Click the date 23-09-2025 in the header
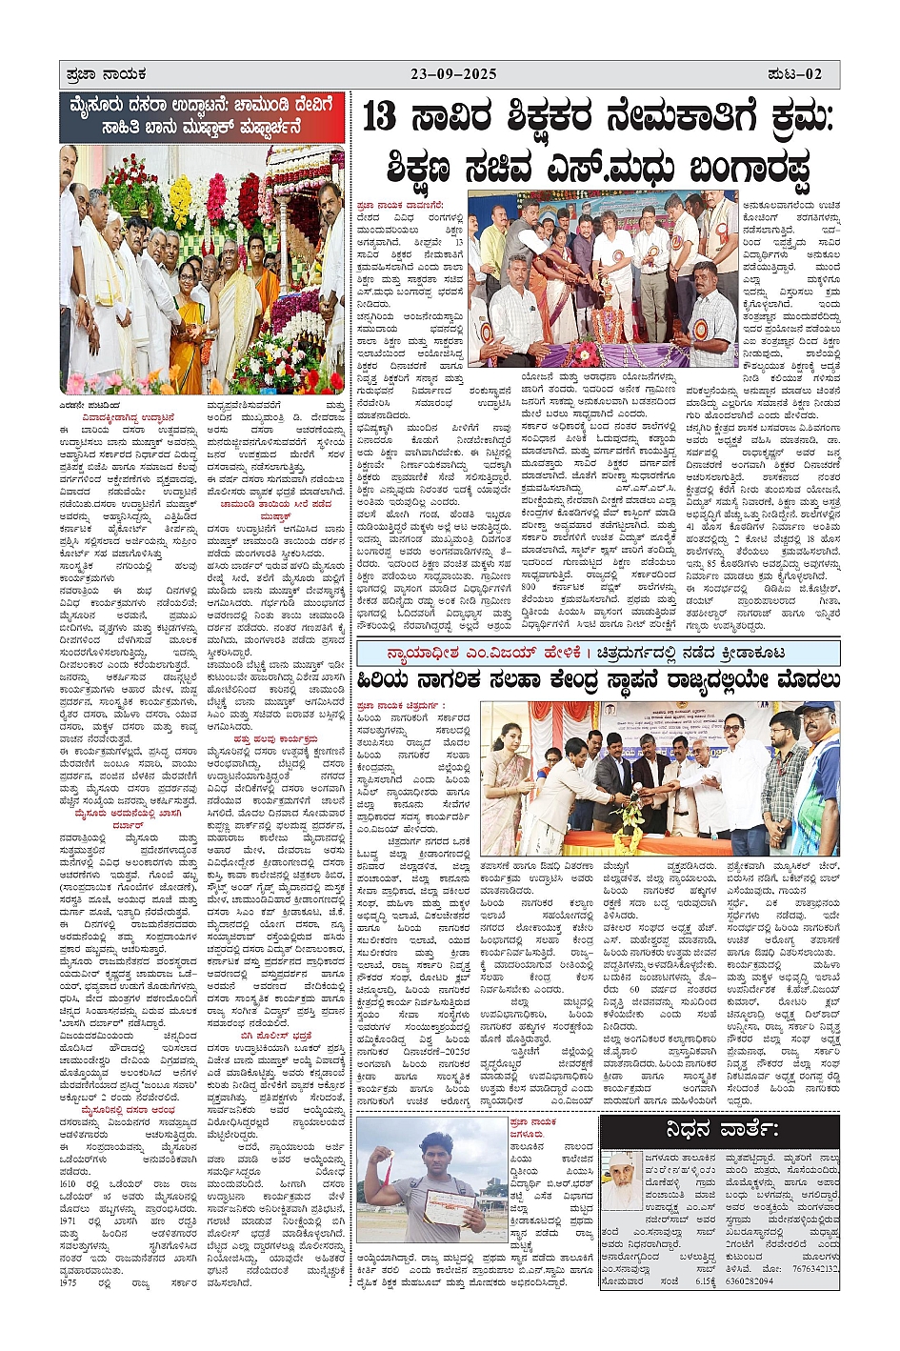tap(453, 74)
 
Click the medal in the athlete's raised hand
tap(384, 1161)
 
